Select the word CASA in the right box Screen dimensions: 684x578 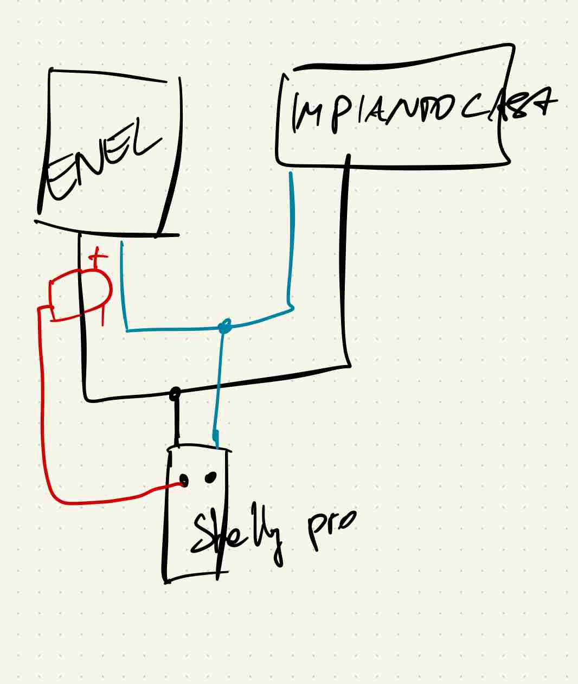510,106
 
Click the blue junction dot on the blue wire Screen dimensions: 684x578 225,327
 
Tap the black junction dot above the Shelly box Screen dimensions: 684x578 175,393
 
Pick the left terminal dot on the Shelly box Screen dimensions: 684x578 184,481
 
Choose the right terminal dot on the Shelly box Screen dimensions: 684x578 210,477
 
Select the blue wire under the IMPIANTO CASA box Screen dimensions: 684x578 292,239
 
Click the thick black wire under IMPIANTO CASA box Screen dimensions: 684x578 345,260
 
